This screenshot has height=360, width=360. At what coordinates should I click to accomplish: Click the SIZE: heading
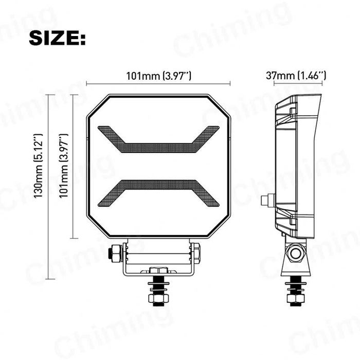point(57,38)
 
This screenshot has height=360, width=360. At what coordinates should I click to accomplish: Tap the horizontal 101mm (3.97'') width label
point(158,76)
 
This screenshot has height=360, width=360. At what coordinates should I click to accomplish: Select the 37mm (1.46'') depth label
point(295,76)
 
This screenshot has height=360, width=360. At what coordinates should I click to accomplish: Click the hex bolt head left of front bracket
point(115,253)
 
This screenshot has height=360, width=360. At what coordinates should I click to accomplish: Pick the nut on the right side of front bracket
point(196,253)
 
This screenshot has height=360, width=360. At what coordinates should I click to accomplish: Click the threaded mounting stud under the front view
point(158,291)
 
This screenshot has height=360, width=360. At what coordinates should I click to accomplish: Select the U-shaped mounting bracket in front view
point(158,262)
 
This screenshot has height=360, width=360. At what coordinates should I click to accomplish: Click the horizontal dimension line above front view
point(158,84)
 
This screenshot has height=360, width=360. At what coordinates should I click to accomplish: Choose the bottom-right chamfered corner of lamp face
point(220,227)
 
